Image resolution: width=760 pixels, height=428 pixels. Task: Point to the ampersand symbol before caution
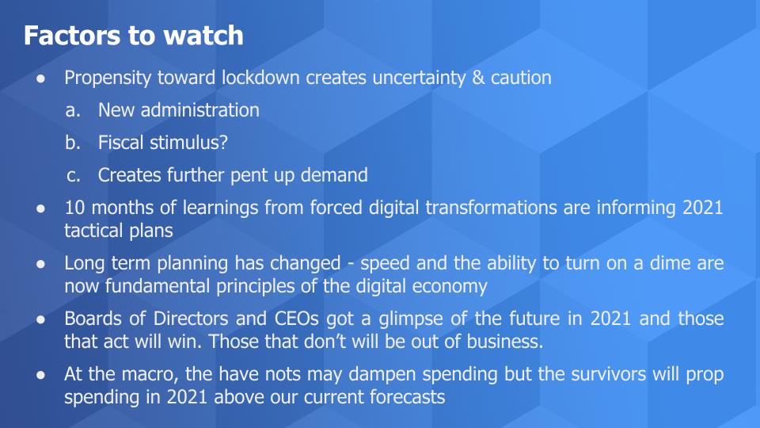478,78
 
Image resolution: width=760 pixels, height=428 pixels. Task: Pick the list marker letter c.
73,176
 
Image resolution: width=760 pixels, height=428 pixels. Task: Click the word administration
199,110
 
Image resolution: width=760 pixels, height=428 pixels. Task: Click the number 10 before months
74,208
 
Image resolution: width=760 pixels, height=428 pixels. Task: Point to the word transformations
491,208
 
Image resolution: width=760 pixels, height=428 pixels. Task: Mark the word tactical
94,231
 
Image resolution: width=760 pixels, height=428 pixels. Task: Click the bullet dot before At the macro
40,375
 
